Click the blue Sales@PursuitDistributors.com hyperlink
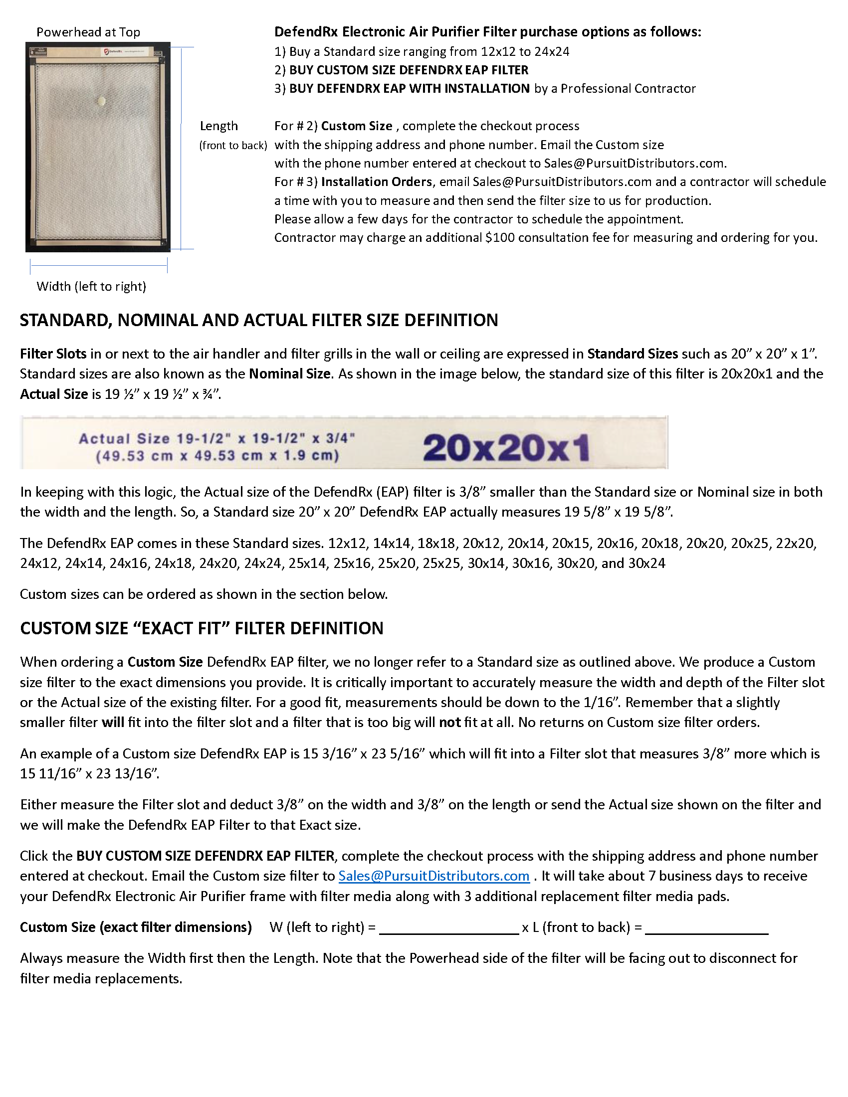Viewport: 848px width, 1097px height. tap(433, 876)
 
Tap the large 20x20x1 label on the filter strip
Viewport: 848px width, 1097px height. tap(505, 448)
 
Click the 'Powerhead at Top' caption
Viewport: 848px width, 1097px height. tap(88, 32)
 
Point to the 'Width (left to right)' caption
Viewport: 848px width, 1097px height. tap(91, 286)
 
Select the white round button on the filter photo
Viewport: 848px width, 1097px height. tap(101, 101)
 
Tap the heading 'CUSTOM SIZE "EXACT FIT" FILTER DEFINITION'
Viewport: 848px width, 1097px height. tap(202, 628)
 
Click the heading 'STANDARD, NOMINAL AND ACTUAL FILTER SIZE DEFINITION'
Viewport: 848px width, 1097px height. tap(259, 320)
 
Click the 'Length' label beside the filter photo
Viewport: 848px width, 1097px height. tap(218, 126)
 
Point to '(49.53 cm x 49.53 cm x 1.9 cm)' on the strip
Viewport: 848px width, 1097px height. tap(217, 456)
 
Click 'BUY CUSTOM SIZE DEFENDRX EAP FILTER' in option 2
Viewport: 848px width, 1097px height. tap(409, 70)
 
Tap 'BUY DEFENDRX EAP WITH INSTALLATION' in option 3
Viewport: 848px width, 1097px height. tap(409, 88)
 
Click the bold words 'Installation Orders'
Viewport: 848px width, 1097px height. tap(376, 182)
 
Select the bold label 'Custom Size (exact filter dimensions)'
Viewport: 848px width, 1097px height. tap(136, 927)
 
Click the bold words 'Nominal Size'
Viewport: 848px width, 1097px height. tap(289, 373)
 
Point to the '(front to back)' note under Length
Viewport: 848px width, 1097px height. tap(233, 146)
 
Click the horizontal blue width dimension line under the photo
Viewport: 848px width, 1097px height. tap(98, 266)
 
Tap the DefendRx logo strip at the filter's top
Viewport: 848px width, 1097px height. tap(123, 51)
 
